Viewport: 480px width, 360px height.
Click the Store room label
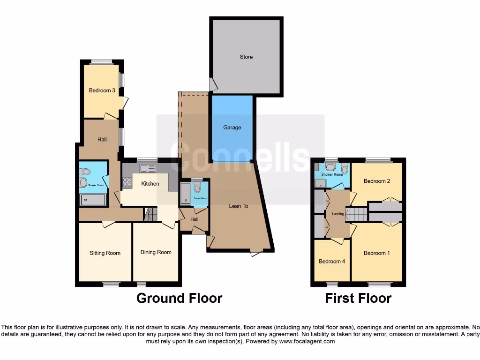[246, 57]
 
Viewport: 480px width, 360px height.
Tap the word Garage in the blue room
[232, 127]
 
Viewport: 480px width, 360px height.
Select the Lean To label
[238, 206]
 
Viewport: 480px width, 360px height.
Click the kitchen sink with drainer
[147, 168]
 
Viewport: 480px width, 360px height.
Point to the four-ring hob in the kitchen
[127, 183]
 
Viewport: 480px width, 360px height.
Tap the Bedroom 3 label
[102, 90]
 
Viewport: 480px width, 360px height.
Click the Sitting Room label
[105, 253]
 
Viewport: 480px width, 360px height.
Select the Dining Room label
[156, 252]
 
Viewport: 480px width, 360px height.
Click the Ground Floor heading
[179, 298]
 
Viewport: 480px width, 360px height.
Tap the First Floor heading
[358, 298]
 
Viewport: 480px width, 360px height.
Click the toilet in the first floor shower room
[345, 170]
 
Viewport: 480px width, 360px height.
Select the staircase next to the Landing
[358, 215]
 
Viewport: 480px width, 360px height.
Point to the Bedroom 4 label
[332, 261]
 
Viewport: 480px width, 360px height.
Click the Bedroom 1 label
[377, 253]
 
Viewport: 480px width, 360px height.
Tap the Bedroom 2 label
[377, 181]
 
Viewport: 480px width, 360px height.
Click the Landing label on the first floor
[338, 214]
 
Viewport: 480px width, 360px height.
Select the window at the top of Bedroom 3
[102, 61]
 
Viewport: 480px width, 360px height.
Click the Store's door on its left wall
[213, 85]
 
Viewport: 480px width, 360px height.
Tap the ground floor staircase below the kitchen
[150, 215]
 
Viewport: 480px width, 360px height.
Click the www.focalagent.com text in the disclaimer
[307, 341]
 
